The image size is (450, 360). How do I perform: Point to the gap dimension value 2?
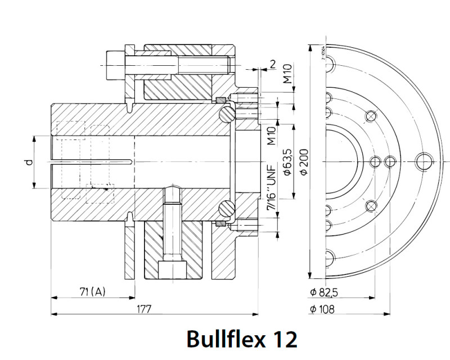coord(273,64)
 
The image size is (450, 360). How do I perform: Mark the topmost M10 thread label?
coord(287,74)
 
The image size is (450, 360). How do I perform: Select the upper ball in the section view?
coord(226,114)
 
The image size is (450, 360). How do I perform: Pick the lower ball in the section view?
coord(226,209)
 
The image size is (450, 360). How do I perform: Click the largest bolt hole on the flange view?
coord(423,161)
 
